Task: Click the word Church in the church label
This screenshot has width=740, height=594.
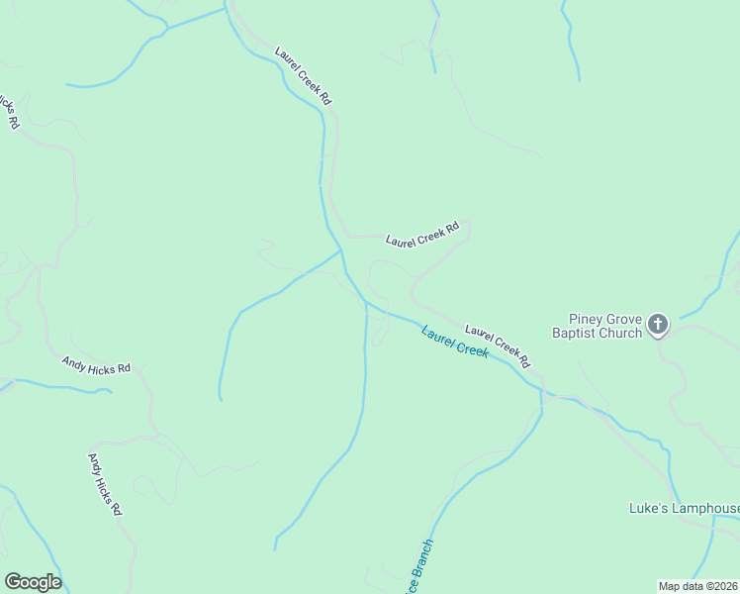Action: pos(621,334)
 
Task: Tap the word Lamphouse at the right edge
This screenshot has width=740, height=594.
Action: pos(705,509)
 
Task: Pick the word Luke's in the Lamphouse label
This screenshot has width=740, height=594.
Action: pos(649,509)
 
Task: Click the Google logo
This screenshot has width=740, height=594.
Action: pos(33,582)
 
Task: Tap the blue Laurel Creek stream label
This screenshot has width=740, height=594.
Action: pos(454,343)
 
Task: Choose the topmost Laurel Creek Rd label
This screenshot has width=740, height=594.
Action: pos(303,75)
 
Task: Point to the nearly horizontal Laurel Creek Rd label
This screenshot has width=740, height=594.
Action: pos(422,234)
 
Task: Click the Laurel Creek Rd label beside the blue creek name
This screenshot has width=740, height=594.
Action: pos(497,344)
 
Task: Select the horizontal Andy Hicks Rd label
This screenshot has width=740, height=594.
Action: pos(96,367)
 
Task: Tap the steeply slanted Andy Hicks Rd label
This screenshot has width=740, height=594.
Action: pos(105,484)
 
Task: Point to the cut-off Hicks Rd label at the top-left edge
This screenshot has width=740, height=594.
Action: pos(9,112)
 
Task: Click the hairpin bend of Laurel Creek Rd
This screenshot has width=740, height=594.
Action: pos(467,227)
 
